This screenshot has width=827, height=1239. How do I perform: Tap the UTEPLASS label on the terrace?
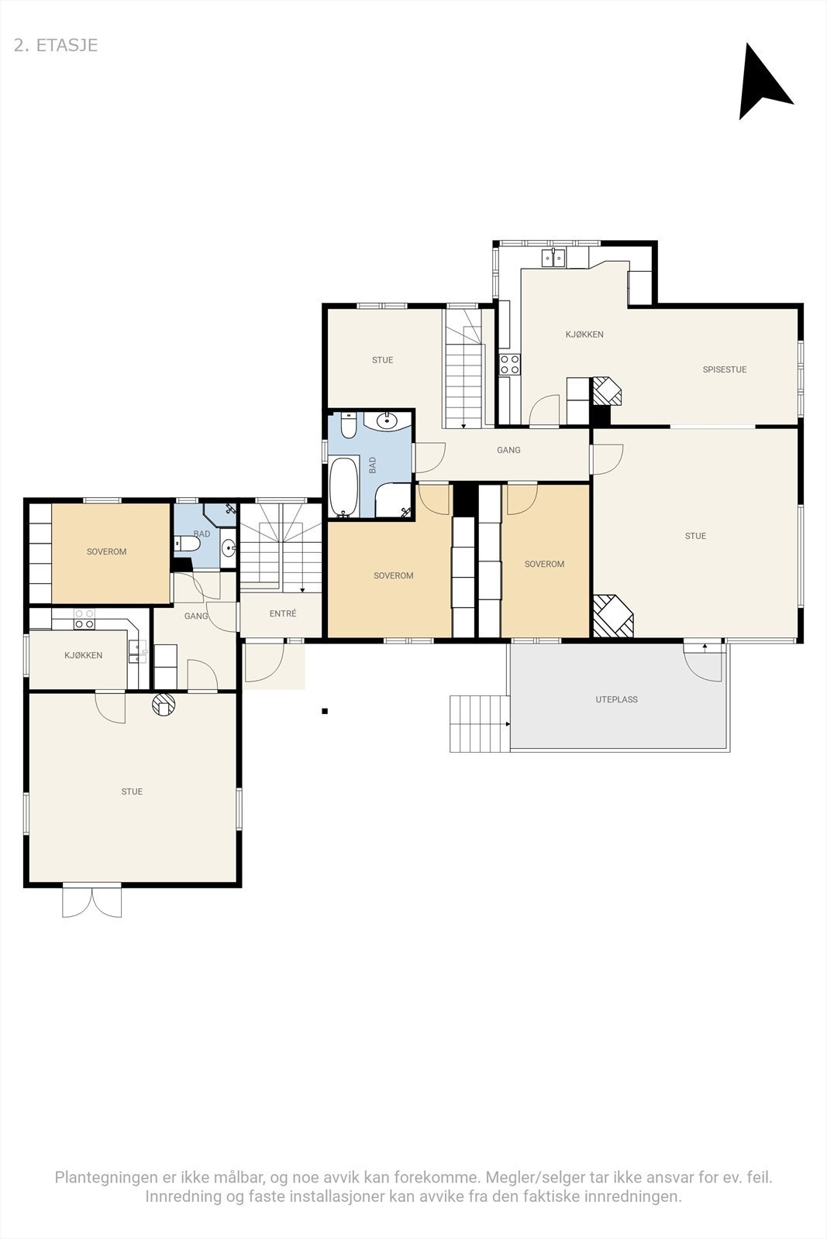click(616, 699)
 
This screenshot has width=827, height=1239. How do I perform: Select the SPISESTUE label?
click(725, 369)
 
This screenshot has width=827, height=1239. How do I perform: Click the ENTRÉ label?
click(283, 613)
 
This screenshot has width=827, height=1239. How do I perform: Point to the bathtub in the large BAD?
click(344, 487)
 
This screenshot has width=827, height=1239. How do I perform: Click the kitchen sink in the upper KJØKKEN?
click(554, 257)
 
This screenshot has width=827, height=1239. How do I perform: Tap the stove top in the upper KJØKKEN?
click(510, 365)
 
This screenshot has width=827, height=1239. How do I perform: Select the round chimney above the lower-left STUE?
click(164, 705)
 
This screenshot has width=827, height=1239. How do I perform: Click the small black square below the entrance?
click(325, 712)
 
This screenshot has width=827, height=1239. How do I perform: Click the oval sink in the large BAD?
click(387, 421)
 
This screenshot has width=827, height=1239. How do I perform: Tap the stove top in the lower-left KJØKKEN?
click(84, 619)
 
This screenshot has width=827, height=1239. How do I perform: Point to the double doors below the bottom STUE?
click(92, 900)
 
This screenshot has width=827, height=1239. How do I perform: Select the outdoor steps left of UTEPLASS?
click(479, 723)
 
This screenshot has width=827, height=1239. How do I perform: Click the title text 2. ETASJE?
click(56, 46)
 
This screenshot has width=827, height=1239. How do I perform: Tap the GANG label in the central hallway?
click(508, 450)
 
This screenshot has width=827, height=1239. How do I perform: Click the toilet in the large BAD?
click(348, 425)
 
